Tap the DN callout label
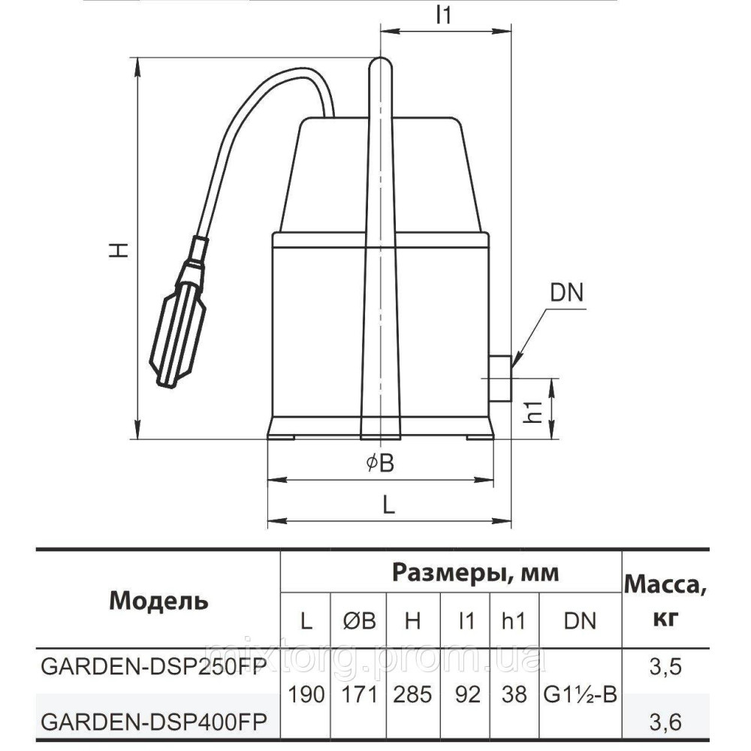click(567, 293)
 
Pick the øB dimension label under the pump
click(380, 464)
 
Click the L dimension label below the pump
click(388, 505)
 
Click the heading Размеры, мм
click(475, 573)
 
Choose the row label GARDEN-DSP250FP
click(153, 667)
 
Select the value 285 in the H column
click(412, 695)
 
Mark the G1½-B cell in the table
click(579, 695)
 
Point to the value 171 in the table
click(357, 695)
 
